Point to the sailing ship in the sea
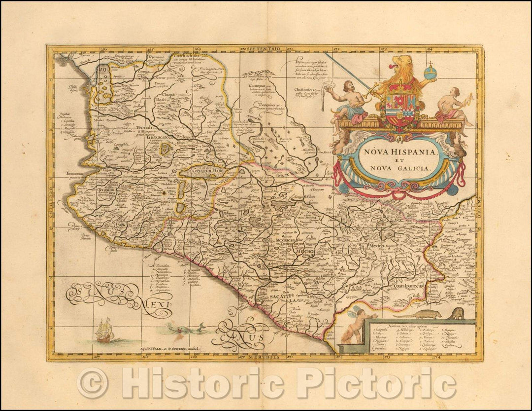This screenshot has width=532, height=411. (104, 330)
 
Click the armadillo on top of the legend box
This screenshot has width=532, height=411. (425, 314)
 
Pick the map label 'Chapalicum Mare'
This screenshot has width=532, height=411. (201, 172)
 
